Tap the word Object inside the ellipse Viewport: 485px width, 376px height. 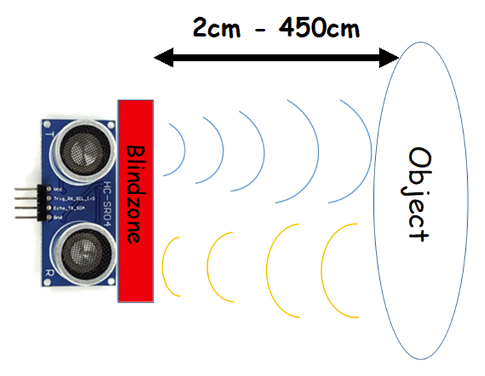(x=418, y=193)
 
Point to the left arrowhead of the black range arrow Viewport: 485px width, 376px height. (x=159, y=60)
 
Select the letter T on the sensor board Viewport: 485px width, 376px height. (x=49, y=134)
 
